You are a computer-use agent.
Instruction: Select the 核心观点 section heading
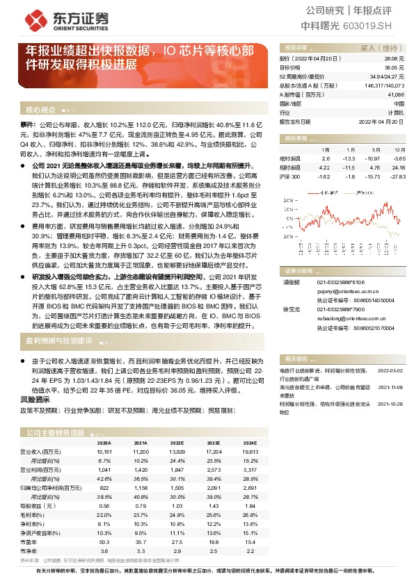coord(40,110)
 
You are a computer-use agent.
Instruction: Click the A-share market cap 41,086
coord(395,94)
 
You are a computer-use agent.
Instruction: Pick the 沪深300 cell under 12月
coord(397,177)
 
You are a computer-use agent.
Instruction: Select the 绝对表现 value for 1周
coord(327,159)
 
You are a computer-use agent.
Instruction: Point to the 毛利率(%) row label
coord(32,515)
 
